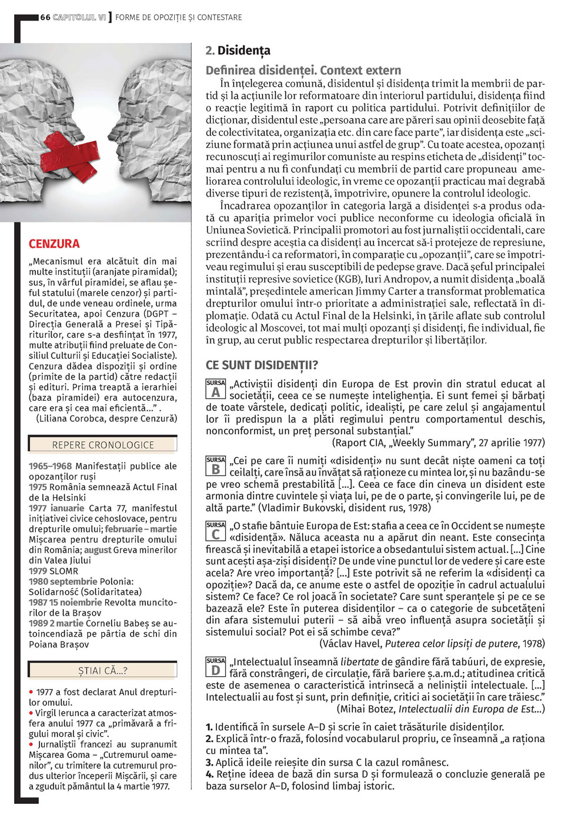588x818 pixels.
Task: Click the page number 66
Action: click(x=45, y=18)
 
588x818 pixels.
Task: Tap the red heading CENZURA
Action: click(x=54, y=244)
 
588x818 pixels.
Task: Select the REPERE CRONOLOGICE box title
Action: click(x=103, y=445)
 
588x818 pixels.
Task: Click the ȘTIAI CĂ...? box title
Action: click(x=103, y=670)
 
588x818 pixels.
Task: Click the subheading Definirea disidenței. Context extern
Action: click(x=303, y=70)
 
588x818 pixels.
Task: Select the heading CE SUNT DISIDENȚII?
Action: click(x=262, y=365)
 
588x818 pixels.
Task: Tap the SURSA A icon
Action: click(x=216, y=390)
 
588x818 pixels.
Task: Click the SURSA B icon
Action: click(x=216, y=466)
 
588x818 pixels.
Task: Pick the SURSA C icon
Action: click(x=216, y=531)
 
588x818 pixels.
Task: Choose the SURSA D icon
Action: click(x=216, y=667)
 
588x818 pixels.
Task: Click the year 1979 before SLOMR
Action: click(x=38, y=571)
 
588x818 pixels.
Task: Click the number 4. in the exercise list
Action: click(x=210, y=774)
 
